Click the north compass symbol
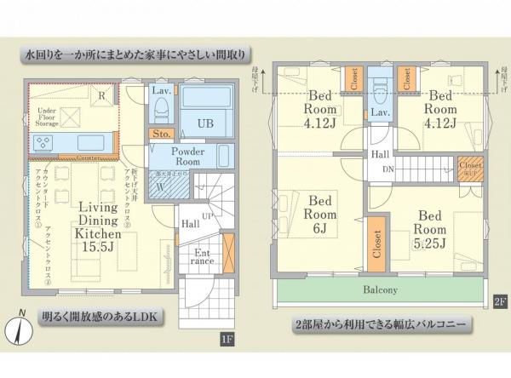(x=17, y=329)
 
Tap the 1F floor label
(x=227, y=341)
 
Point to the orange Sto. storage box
(x=159, y=134)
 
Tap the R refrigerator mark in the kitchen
(x=101, y=96)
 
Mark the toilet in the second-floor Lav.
(x=380, y=88)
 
